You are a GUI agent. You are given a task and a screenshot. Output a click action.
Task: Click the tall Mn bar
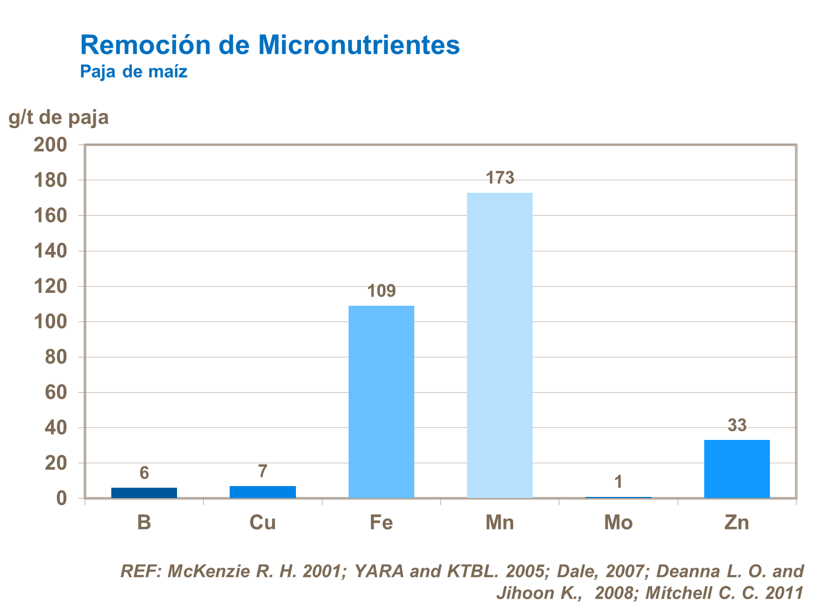click(500, 345)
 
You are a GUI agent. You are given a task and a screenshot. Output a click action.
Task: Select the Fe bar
click(381, 402)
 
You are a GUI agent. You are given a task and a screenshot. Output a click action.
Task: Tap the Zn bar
click(737, 469)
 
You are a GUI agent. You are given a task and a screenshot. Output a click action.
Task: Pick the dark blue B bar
click(144, 493)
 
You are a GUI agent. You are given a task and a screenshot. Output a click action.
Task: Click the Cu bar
click(263, 492)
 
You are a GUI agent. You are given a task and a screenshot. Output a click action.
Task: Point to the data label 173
click(500, 178)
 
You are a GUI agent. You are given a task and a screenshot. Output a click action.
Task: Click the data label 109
click(381, 291)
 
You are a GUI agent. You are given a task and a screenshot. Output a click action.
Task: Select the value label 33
click(737, 425)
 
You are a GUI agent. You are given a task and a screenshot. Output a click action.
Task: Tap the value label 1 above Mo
click(618, 482)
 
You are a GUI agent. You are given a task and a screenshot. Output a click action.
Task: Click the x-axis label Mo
click(618, 522)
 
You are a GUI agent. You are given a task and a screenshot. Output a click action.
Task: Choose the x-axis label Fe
click(381, 522)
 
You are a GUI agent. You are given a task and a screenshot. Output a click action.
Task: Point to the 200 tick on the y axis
click(50, 144)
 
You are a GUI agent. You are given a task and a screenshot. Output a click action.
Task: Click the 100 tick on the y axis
click(50, 322)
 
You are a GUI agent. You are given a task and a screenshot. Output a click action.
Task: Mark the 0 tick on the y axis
click(61, 499)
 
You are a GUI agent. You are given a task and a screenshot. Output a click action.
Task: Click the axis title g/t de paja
click(59, 117)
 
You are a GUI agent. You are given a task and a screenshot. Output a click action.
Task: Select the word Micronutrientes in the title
click(359, 45)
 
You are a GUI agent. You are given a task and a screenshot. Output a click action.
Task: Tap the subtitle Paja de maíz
click(134, 72)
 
